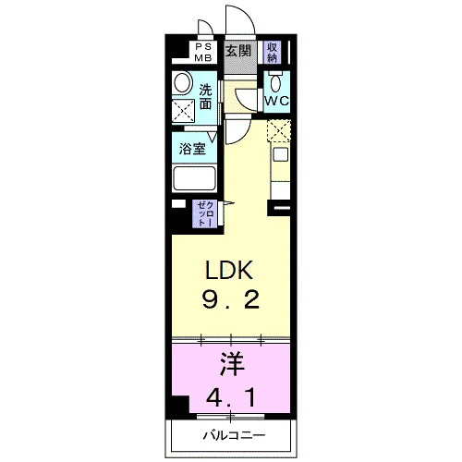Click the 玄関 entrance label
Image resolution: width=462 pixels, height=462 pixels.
(238, 51)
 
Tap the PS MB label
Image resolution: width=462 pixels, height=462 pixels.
(203, 53)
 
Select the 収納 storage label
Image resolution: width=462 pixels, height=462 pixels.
(272, 53)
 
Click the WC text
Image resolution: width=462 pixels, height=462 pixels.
(277, 101)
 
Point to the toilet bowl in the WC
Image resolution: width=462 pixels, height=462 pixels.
(275, 81)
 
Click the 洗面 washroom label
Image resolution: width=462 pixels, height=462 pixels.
(205, 97)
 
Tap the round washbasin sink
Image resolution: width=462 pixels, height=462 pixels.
(182, 82)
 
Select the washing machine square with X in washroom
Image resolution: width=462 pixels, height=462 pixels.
(183, 111)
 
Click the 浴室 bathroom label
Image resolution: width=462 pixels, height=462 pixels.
(192, 149)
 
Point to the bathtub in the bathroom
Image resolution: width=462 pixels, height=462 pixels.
(194, 178)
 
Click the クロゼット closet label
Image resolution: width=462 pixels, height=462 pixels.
(205, 213)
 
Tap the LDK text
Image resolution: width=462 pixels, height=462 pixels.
(229, 270)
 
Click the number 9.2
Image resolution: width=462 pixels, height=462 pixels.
(230, 299)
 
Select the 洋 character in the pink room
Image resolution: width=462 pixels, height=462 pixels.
(232, 364)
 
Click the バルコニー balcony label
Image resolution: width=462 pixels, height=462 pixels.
(234, 435)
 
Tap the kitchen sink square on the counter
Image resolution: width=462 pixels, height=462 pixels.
(281, 154)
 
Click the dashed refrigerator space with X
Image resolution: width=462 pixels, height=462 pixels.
(279, 130)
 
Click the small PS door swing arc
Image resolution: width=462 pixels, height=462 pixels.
(208, 25)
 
